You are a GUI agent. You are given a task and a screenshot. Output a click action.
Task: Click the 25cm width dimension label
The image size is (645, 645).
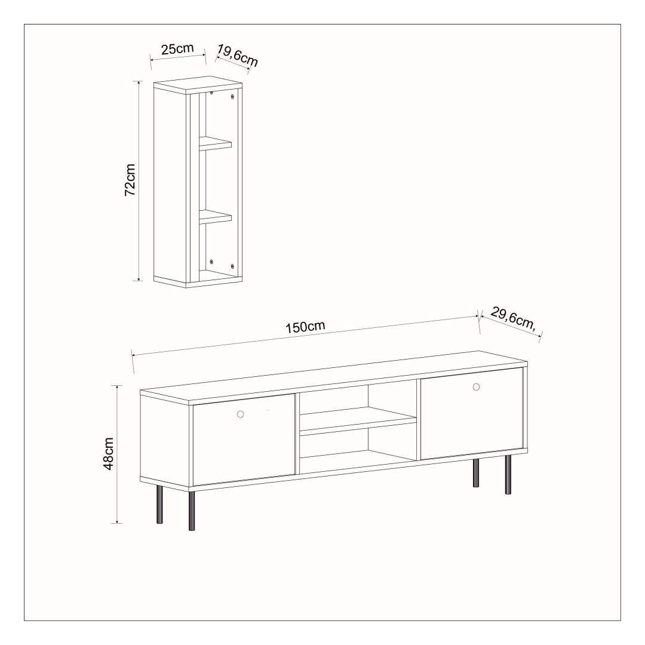point(177,49)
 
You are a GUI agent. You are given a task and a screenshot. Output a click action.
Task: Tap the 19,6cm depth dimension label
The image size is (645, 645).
point(237,56)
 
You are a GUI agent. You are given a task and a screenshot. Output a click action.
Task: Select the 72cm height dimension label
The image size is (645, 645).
point(130,180)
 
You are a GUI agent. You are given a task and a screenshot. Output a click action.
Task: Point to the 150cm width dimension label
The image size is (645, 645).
point(305,327)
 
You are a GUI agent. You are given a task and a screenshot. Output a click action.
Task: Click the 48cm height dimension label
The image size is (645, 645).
point(108,454)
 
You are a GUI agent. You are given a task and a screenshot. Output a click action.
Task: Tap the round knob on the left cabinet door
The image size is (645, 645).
point(241,414)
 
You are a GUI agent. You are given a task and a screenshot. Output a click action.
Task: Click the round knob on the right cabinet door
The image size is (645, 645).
point(476,386)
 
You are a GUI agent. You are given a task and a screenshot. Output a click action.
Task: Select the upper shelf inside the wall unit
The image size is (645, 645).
point(216,142)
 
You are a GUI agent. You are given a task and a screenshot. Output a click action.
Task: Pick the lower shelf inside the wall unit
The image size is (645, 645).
point(216,217)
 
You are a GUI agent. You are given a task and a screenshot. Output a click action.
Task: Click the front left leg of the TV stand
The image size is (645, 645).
point(192,511)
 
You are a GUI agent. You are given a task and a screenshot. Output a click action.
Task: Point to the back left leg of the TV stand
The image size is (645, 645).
point(159,505)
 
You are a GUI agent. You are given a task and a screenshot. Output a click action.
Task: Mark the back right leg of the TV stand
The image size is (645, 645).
point(477,472)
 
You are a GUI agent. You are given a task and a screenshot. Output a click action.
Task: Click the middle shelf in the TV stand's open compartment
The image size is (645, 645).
point(358,420)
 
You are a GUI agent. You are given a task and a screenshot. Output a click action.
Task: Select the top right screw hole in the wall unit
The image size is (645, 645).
point(232,97)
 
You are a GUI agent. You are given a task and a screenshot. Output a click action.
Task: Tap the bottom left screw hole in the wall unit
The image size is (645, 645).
point(211,262)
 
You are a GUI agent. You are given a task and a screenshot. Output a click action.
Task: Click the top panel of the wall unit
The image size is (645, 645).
point(198,85)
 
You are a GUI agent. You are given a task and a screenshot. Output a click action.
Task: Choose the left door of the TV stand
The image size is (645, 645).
point(244,440)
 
